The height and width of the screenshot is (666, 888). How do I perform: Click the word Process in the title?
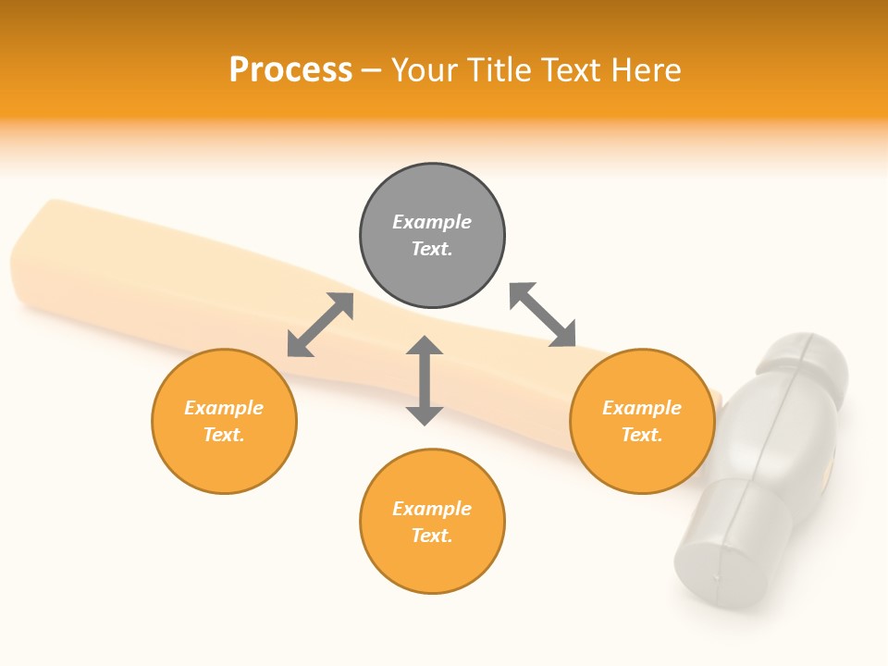click(x=290, y=70)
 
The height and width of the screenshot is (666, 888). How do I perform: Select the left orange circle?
click(x=225, y=462)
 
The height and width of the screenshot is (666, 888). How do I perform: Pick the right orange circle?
click(x=642, y=462)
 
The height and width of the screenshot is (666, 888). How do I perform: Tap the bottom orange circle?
click(x=432, y=564)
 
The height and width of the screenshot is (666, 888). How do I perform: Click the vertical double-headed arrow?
click(x=425, y=381)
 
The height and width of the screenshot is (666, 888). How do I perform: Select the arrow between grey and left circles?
click(x=320, y=325)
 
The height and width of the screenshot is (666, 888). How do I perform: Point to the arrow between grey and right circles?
click(x=543, y=315)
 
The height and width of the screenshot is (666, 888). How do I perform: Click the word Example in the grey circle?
click(x=432, y=222)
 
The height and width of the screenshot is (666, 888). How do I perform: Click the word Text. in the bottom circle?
click(x=432, y=536)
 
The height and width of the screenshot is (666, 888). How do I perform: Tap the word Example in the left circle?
click(x=224, y=408)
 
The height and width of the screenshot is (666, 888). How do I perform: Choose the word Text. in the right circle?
click(x=642, y=435)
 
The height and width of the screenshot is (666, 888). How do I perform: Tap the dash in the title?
click(x=371, y=70)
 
